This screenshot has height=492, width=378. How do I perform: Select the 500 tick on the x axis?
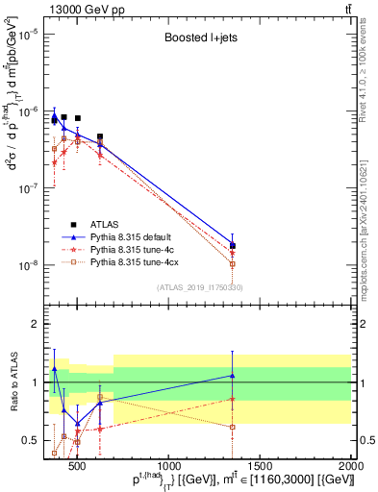click(x=78, y=466)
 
